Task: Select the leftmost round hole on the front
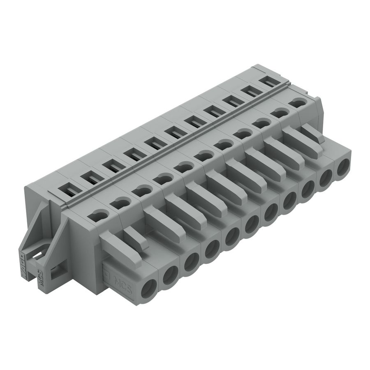click(148, 289)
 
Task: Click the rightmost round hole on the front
click(343, 168)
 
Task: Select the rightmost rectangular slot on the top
click(268, 81)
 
